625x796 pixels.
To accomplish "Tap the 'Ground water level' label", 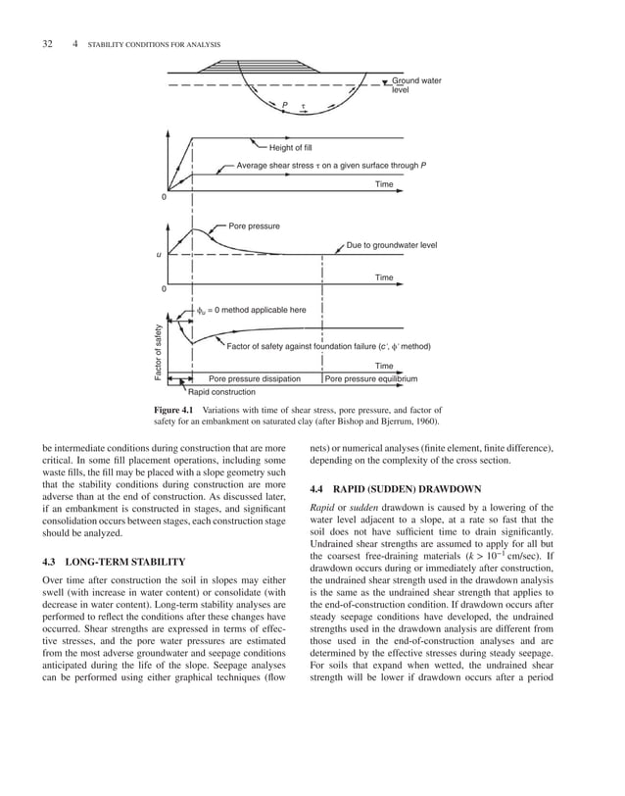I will click(415, 84).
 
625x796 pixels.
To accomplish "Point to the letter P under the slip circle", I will click(284, 105).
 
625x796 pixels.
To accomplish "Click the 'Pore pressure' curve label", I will click(254, 226).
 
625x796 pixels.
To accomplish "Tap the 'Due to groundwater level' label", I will click(392, 245).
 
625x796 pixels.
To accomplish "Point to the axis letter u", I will click(159, 255).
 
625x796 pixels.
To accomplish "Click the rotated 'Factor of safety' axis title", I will click(156, 352).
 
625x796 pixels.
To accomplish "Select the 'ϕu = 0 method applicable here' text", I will click(253, 310).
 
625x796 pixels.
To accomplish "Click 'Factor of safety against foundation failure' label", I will click(328, 346).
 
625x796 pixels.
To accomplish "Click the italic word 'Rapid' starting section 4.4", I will click(321, 507).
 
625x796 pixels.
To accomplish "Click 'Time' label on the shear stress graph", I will click(383, 184).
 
